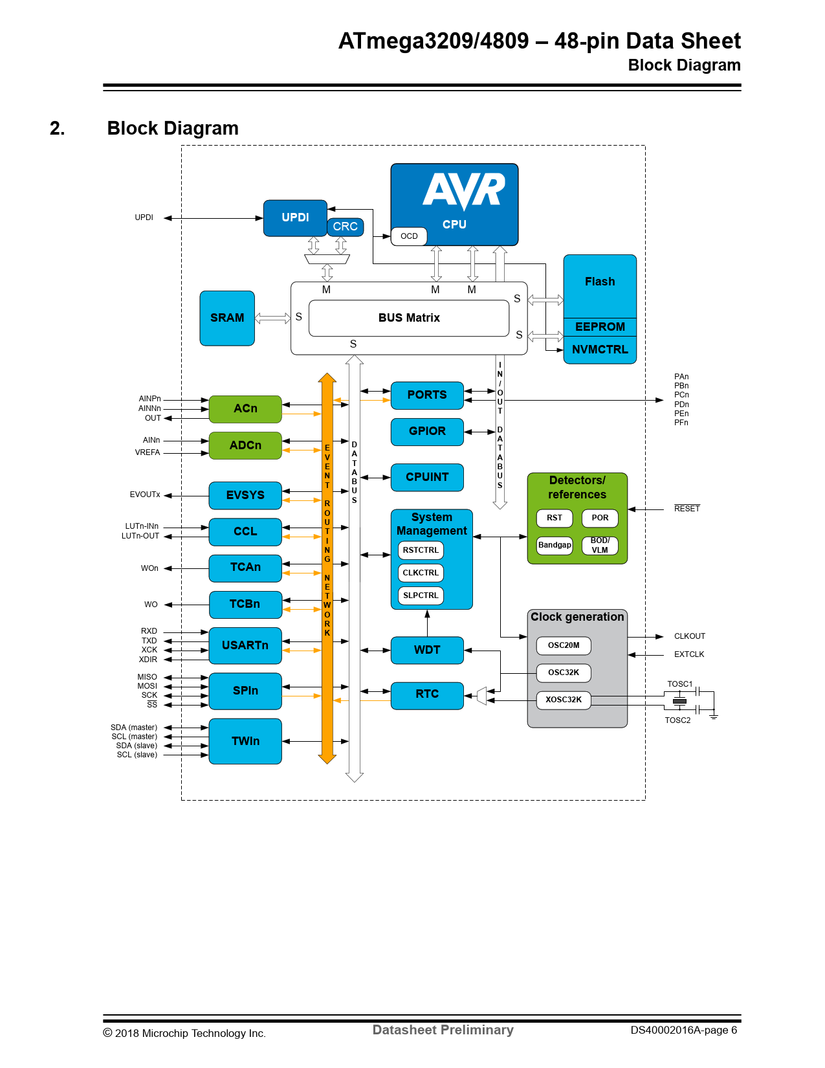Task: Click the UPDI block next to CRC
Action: (294, 217)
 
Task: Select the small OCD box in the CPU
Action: (409, 236)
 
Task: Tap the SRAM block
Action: (227, 318)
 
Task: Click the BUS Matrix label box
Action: (409, 318)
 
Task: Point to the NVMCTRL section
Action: (600, 350)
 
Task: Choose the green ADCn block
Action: (245, 445)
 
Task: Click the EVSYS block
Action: (245, 495)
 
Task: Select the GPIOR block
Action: (427, 431)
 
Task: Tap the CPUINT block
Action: (427, 477)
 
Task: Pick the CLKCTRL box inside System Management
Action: (421, 573)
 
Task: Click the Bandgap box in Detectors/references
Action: (555, 545)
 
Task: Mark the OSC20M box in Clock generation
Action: (564, 645)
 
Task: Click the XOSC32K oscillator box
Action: (564, 700)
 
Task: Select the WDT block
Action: (427, 650)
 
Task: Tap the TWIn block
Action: (245, 741)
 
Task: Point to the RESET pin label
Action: (687, 509)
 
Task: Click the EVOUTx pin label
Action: (145, 495)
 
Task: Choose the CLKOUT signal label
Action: (689, 636)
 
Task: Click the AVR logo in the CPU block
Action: (464, 190)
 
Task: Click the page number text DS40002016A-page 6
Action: (683, 1030)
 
